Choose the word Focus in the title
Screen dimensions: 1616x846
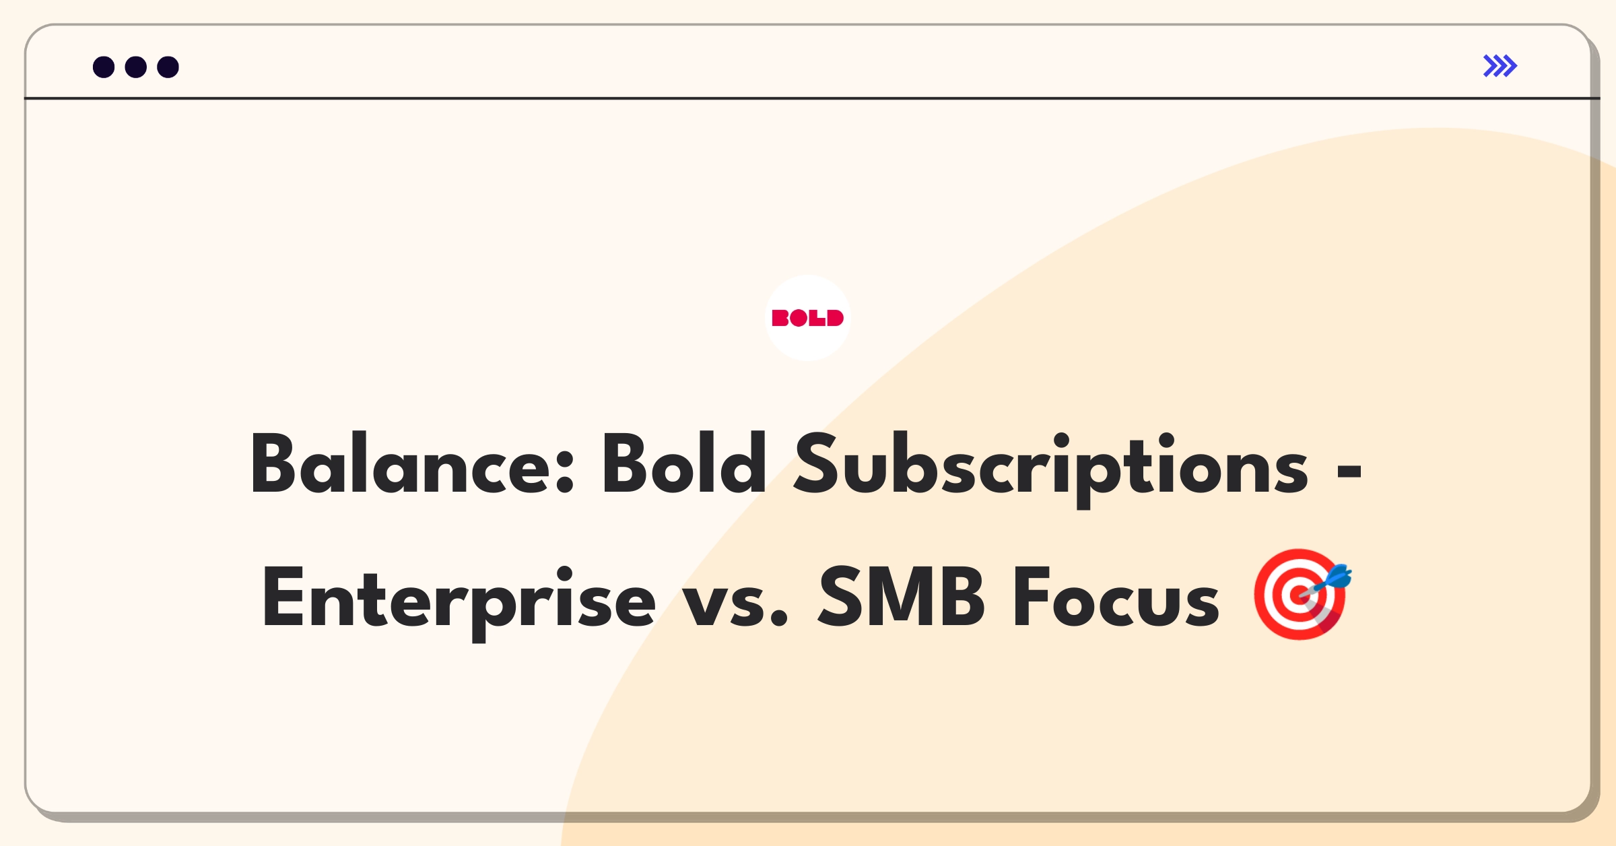[x=1116, y=597]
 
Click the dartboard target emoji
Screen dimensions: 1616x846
[x=1300, y=594]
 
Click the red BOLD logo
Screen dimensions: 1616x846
[x=808, y=318]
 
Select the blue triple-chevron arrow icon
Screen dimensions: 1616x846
[x=1500, y=66]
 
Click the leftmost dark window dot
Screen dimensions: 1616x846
[x=104, y=67]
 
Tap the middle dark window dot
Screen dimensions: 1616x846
[x=136, y=67]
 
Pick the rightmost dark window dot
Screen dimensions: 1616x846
[x=168, y=67]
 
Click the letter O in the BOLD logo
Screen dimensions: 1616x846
[x=799, y=318]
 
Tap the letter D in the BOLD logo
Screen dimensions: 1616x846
[x=835, y=318]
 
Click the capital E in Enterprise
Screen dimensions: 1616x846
[x=283, y=597]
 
